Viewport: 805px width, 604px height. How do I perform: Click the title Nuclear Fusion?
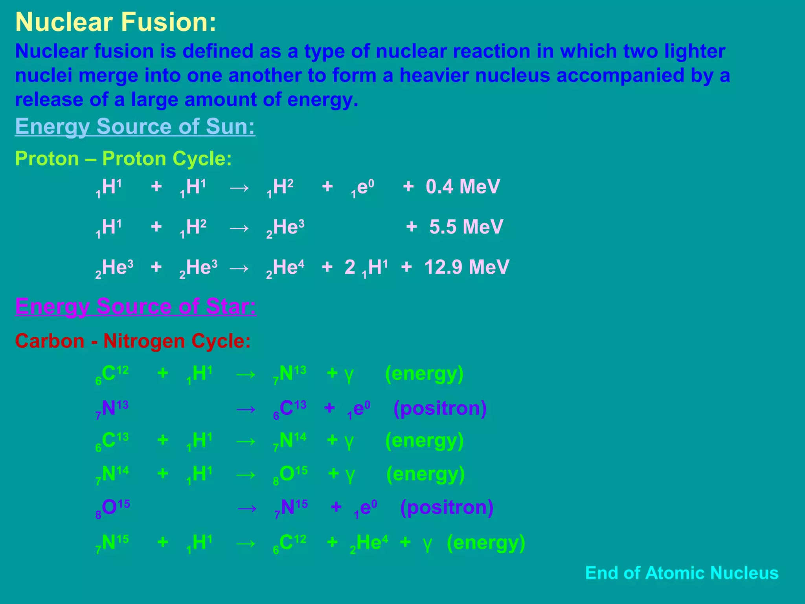(116, 22)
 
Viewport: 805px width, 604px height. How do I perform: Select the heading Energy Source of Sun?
(135, 127)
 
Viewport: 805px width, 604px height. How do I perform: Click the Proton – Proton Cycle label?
(123, 159)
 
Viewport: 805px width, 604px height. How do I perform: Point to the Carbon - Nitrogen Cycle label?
(132, 341)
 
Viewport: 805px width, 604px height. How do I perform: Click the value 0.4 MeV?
(463, 186)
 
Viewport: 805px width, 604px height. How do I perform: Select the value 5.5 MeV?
(466, 227)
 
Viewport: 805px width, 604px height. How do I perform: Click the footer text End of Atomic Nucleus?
(682, 573)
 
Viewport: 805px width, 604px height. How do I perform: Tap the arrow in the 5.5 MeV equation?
(239, 228)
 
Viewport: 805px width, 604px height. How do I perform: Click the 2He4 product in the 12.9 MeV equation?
(285, 268)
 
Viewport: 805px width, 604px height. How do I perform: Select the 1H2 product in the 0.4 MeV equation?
(280, 187)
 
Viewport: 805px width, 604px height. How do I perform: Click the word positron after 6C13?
(440, 408)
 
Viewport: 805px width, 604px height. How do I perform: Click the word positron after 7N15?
(447, 507)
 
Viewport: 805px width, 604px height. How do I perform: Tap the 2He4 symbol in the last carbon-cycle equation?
(369, 543)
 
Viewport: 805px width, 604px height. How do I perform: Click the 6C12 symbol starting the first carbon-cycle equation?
(112, 374)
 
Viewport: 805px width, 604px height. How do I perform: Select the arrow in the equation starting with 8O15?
(247, 508)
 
